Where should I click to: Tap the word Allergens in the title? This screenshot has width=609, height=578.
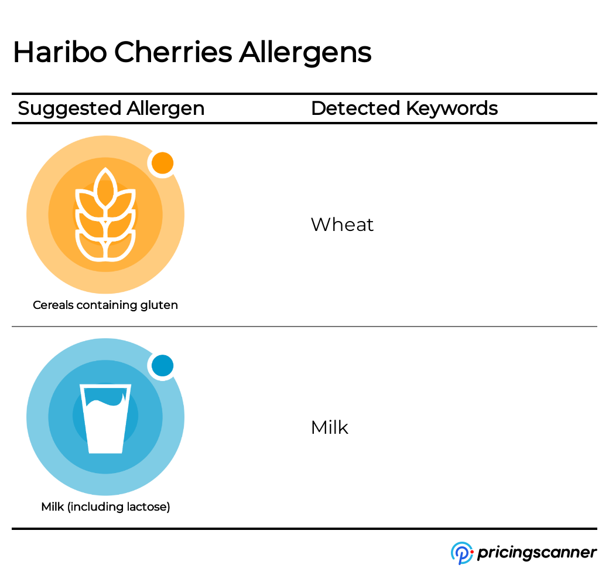click(305, 53)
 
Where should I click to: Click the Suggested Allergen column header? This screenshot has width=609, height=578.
click(111, 108)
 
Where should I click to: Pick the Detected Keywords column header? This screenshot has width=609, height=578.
click(404, 108)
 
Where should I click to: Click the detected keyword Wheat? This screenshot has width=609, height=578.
click(342, 225)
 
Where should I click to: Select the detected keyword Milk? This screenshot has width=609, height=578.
click(330, 427)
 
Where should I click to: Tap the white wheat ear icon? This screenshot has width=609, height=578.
click(105, 214)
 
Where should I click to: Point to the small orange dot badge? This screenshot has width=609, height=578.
click(162, 164)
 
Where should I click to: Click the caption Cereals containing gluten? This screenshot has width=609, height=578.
click(105, 305)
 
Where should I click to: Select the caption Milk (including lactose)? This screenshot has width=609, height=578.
click(105, 506)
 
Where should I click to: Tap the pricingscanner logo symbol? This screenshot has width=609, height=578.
click(461, 553)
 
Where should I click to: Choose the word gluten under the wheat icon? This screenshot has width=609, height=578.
click(159, 305)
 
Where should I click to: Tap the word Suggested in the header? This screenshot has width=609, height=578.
click(70, 108)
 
